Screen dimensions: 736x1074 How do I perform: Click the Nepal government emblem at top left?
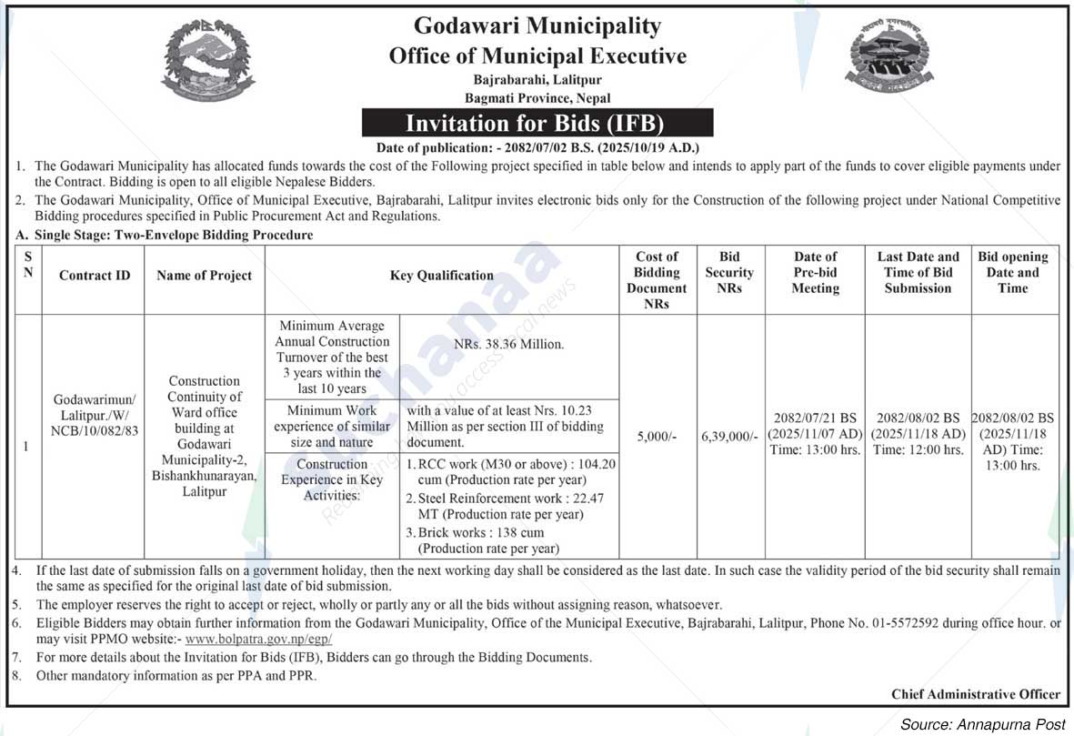pyautogui.click(x=208, y=62)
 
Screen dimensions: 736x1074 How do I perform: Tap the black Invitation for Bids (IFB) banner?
pyautogui.click(x=537, y=123)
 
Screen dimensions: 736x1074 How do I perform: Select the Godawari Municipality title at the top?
pyautogui.click(x=537, y=25)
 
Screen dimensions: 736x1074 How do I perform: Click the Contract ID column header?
pyautogui.click(x=95, y=276)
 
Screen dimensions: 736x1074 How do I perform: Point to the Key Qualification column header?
pyautogui.click(x=442, y=276)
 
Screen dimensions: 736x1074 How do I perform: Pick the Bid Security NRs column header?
pyautogui.click(x=729, y=273)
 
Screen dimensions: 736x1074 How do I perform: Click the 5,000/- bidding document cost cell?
pyautogui.click(x=657, y=437)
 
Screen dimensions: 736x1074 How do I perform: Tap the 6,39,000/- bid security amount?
pyautogui.click(x=729, y=437)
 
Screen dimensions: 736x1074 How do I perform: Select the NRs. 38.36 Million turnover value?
pyautogui.click(x=508, y=346)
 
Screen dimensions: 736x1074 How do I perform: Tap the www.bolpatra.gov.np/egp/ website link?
pyautogui.click(x=258, y=640)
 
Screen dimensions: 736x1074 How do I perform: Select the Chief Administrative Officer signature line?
pyautogui.click(x=975, y=694)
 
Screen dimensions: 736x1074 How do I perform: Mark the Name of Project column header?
pyautogui.click(x=204, y=276)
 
